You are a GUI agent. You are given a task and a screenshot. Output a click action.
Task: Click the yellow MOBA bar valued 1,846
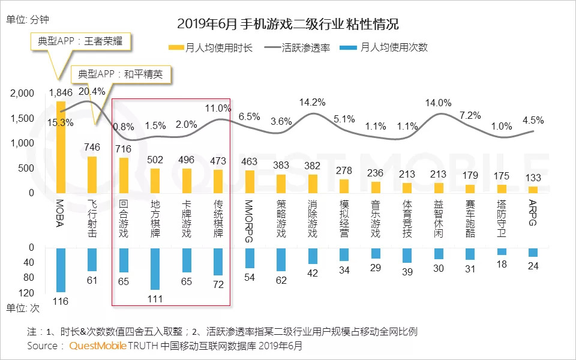coord(61,147)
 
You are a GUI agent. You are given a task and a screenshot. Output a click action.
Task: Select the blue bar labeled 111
coord(155,268)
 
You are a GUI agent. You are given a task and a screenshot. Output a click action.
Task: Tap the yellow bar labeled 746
coord(92,175)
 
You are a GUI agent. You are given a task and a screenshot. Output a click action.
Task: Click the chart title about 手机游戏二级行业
coord(288,25)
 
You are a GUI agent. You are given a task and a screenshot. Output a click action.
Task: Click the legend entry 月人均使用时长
coord(211,47)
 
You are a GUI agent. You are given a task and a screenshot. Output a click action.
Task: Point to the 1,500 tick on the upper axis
coord(22,118)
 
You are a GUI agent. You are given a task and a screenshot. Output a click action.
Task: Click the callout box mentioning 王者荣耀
coord(80,43)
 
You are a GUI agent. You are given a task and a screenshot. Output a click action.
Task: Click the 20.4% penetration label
coord(92,91)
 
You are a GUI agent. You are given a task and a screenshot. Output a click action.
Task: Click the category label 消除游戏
coord(312,219)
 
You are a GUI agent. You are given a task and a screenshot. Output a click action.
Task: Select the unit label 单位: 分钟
coord(27,19)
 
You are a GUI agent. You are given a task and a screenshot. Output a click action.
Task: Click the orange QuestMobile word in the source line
coord(98,346)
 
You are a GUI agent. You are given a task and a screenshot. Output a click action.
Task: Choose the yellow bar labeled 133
coord(533,190)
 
